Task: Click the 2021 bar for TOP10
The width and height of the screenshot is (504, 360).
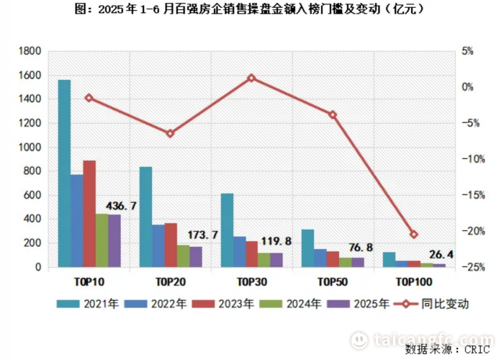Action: click(x=64, y=174)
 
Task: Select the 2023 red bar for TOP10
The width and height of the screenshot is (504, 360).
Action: click(x=89, y=214)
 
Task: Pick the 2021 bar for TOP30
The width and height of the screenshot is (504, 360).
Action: click(x=227, y=230)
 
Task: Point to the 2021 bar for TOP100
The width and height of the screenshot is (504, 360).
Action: click(x=389, y=260)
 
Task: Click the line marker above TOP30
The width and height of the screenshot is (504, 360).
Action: click(x=251, y=78)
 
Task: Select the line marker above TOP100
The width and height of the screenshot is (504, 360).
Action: click(x=413, y=234)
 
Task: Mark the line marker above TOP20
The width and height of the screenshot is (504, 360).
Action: click(x=170, y=133)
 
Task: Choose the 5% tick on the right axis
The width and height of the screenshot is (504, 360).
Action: click(x=467, y=52)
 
